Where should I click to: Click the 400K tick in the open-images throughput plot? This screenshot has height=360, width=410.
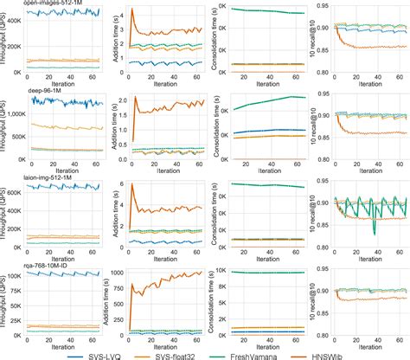[x=10, y=15]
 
